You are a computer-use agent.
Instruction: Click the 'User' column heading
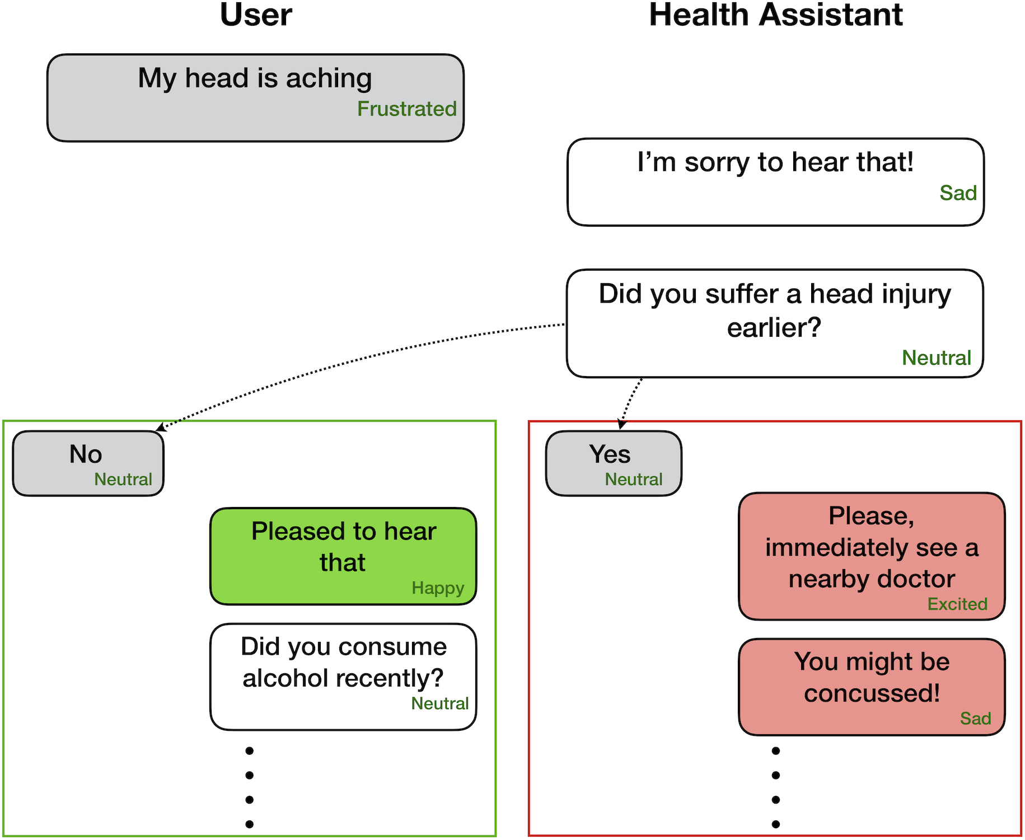tap(256, 15)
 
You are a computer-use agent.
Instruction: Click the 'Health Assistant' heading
tap(775, 15)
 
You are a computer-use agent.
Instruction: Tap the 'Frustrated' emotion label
tap(407, 109)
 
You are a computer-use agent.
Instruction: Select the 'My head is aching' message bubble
tap(255, 98)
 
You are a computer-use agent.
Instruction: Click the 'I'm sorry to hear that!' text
tap(775, 162)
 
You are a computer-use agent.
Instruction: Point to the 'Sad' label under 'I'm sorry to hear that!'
tap(958, 193)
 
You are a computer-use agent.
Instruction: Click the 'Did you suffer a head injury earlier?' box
tap(775, 323)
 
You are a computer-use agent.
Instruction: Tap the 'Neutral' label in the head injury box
tap(937, 358)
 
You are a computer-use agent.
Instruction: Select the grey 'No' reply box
tap(88, 463)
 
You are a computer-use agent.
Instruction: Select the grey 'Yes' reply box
tap(614, 463)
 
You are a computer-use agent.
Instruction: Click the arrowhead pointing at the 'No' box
tap(160, 428)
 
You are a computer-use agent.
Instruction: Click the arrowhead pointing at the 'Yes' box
tap(621, 425)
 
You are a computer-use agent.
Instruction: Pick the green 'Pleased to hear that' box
tap(343, 556)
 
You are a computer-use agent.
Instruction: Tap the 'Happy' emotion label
tap(438, 588)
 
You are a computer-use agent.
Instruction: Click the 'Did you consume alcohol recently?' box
tap(343, 676)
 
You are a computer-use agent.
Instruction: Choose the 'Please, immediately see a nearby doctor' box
tap(872, 556)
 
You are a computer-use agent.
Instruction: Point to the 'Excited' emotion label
tap(957, 604)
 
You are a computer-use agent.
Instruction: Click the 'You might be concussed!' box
tap(872, 686)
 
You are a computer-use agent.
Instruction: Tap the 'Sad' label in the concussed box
tap(975, 718)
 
